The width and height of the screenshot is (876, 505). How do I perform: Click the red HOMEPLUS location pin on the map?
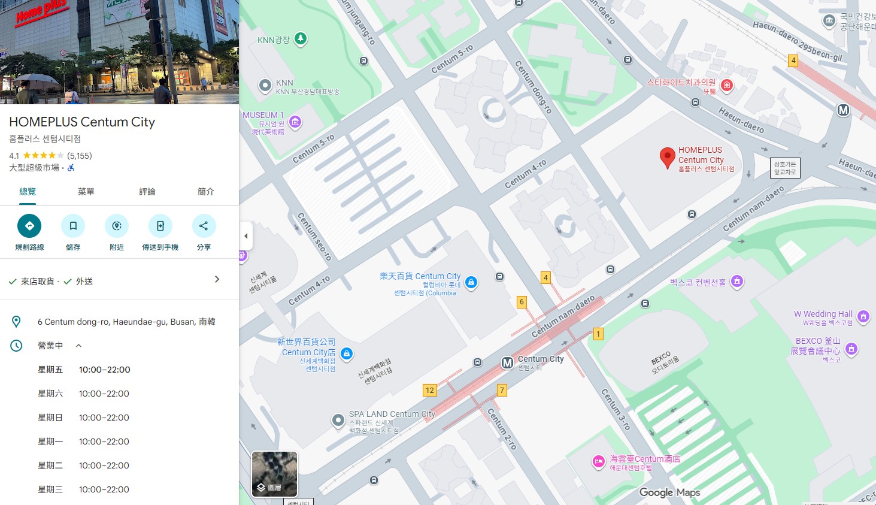coord(667,158)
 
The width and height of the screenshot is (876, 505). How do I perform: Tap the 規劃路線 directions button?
coord(29,226)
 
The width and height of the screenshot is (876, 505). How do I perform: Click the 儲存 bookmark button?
coord(73,226)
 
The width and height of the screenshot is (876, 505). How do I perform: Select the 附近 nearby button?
coord(117,226)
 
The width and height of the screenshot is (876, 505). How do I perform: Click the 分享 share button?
coord(204,226)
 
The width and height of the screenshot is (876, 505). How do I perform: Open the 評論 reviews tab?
coord(147,192)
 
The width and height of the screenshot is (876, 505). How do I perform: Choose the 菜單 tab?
coord(86,192)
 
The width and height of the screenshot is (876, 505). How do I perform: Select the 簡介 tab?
coord(206,192)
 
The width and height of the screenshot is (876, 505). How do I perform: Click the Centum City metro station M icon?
coord(507,362)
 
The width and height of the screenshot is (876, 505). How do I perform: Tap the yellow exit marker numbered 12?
coord(429,391)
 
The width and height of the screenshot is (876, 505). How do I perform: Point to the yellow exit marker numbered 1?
coord(598,334)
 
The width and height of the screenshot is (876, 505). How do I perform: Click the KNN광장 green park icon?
coord(301,40)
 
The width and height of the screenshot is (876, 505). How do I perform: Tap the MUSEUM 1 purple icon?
coord(295,122)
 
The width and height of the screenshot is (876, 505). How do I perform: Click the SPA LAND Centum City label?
coord(392,414)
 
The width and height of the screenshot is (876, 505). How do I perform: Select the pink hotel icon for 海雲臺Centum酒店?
coord(598,461)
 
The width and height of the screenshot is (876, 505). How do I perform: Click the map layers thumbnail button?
coord(274,474)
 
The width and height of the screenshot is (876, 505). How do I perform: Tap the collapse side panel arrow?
coord(245,236)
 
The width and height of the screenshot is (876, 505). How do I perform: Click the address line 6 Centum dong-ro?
coord(126,322)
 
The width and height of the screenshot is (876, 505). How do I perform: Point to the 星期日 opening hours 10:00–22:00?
coord(104,418)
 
